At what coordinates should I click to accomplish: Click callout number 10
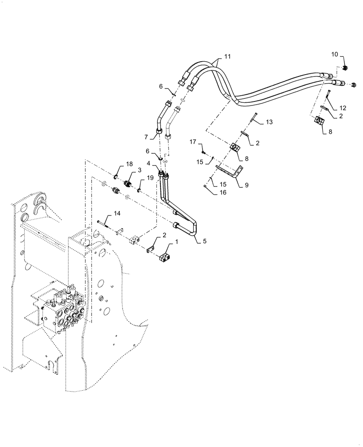[334, 55]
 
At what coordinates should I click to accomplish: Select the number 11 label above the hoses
[228, 57]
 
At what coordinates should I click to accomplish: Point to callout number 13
[269, 122]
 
